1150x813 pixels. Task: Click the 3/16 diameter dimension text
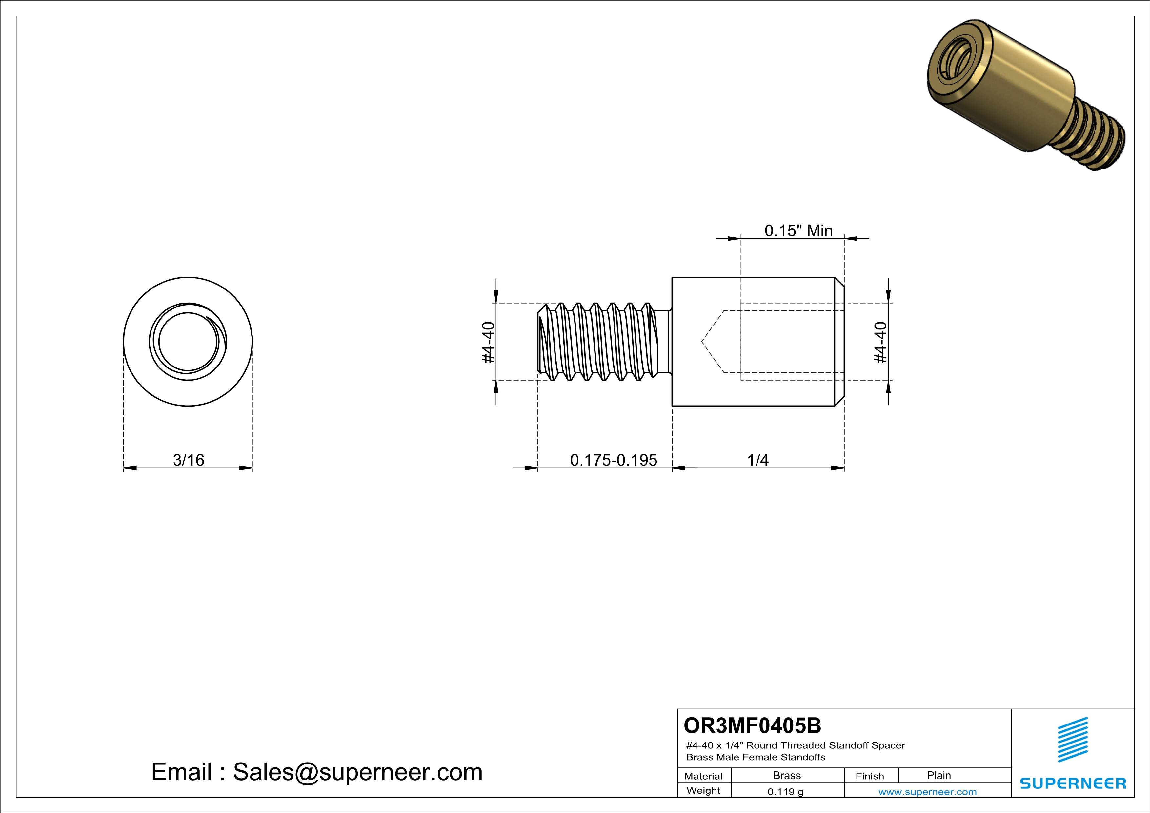click(188, 460)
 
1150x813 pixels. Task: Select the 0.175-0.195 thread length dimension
click(613, 460)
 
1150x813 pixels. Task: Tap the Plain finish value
click(938, 775)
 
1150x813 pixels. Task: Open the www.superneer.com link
click(927, 791)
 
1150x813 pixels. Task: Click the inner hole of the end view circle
click(188, 342)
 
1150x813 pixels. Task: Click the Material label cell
click(703, 776)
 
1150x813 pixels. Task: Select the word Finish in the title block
click(870, 776)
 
